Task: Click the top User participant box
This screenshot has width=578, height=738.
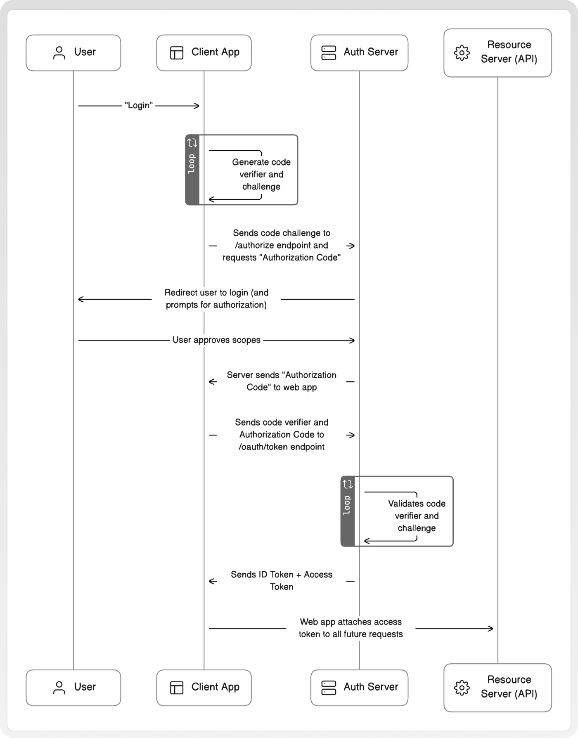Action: [x=73, y=53]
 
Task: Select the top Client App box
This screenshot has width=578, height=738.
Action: [x=204, y=53]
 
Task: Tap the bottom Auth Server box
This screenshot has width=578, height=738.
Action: [x=359, y=688]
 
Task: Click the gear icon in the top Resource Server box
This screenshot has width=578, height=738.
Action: [x=462, y=53]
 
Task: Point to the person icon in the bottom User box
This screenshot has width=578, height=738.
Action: [x=59, y=688]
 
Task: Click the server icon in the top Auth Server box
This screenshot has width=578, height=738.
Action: [x=329, y=53]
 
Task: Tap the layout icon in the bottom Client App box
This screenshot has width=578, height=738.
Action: [x=177, y=688]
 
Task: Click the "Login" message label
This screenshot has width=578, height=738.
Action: [x=139, y=105]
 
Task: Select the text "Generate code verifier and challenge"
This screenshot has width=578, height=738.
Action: [x=261, y=174]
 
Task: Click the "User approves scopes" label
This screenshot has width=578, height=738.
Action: [x=216, y=340]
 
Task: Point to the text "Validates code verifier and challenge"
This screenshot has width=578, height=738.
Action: [x=417, y=516]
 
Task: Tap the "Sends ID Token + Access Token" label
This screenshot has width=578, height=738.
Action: [x=282, y=580]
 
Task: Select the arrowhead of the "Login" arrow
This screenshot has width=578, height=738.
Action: [x=197, y=106]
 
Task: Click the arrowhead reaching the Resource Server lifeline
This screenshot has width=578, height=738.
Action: [x=491, y=629]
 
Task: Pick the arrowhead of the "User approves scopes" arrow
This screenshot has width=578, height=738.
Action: [x=352, y=341]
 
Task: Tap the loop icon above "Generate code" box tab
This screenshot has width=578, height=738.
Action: [x=192, y=143]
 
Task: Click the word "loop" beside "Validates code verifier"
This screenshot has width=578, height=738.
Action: [x=347, y=505]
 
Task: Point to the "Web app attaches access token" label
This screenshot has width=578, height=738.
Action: [x=351, y=628]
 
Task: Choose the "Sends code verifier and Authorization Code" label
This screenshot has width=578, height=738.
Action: [x=282, y=434]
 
